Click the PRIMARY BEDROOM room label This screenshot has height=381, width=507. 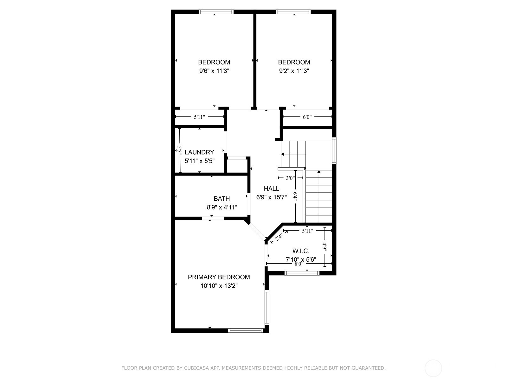click(x=219, y=277)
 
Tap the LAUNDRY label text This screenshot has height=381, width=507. click(x=199, y=152)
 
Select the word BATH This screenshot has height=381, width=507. click(x=222, y=198)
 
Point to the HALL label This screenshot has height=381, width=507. click(x=271, y=189)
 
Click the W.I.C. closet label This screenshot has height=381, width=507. click(x=301, y=251)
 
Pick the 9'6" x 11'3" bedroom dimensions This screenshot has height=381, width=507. click(x=214, y=71)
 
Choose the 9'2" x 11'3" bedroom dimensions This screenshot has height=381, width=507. click(x=294, y=71)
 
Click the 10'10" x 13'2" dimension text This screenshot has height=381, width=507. click(x=219, y=286)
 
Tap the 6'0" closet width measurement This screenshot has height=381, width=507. click(x=307, y=117)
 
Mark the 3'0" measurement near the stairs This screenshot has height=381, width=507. click(x=290, y=178)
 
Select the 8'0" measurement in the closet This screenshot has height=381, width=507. click(x=299, y=264)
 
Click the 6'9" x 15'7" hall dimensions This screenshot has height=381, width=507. click(x=271, y=197)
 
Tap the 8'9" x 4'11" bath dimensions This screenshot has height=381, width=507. click(x=222, y=207)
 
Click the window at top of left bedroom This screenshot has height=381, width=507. click(x=216, y=12)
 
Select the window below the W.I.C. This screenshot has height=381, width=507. click(x=302, y=273)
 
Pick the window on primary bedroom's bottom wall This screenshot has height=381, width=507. click(x=246, y=331)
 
